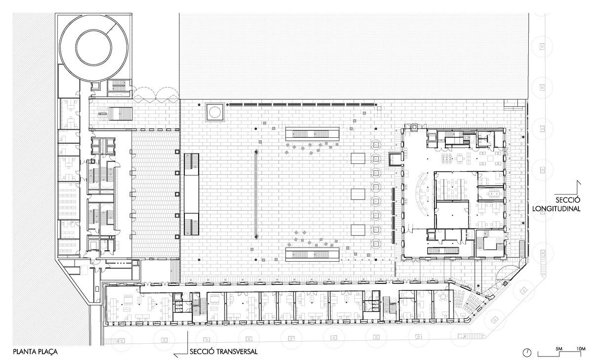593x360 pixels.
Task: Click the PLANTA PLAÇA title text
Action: [35, 352]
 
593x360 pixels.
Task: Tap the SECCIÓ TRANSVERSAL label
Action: [223, 352]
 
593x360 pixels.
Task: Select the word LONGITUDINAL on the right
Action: [556, 209]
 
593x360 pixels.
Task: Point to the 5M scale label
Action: [558, 349]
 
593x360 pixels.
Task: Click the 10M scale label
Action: [581, 349]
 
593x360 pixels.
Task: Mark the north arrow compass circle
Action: [527, 353]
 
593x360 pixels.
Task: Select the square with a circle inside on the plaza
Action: [215, 112]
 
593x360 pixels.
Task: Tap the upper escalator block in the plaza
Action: [312, 134]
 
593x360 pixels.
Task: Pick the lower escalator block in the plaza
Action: [312, 254]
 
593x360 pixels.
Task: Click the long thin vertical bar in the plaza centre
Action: [256, 194]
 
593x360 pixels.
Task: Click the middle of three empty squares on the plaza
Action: [358, 194]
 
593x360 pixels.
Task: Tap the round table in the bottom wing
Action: [442, 297]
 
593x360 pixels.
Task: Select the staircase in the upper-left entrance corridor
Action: [121, 114]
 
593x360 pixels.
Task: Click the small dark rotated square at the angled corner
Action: [506, 283]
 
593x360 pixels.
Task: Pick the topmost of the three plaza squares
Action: [358, 158]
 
